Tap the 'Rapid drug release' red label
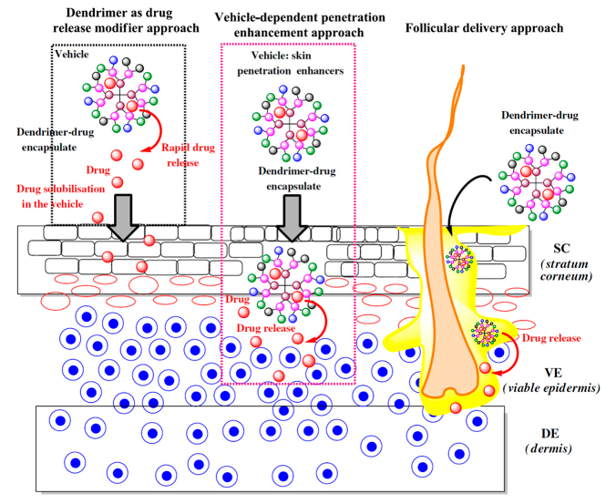click(x=187, y=154)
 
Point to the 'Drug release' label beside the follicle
click(x=550, y=338)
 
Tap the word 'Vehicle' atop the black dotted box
click(x=72, y=55)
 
